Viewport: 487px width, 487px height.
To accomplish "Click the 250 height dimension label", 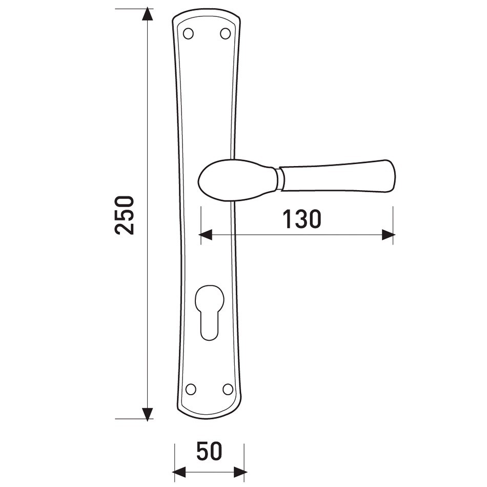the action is coord(125,215).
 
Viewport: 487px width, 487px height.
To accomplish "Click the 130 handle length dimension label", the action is coord(301,219).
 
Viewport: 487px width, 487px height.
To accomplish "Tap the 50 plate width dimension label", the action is coord(209,451).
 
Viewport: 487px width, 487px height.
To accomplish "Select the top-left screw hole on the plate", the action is coord(188,33).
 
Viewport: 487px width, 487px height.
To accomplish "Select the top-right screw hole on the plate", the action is coord(226,33).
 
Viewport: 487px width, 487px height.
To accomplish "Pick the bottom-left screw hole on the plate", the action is coord(191,389).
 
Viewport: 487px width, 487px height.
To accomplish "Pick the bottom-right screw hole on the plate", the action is coord(228,389).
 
